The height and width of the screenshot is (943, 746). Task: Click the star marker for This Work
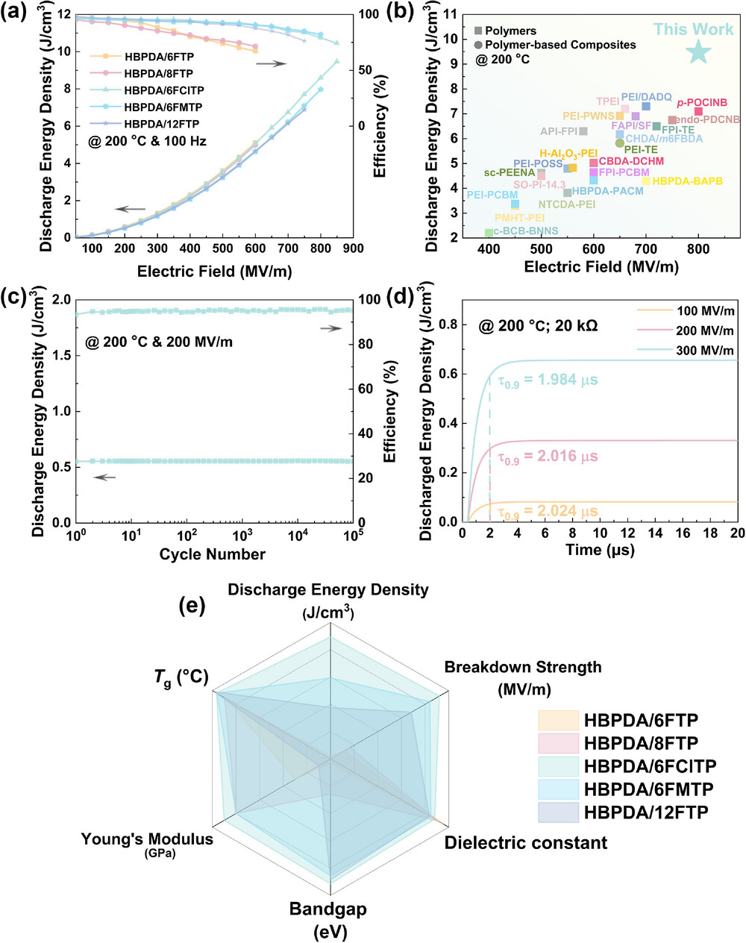[x=698, y=51]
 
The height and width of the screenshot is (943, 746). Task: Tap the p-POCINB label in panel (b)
[x=702, y=102]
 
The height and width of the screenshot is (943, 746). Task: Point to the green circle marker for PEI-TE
[x=620, y=143]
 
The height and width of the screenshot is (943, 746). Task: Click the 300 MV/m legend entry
[x=705, y=351]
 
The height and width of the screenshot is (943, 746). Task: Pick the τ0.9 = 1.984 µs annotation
[x=548, y=380]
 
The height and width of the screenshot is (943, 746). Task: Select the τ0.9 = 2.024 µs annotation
[x=548, y=511]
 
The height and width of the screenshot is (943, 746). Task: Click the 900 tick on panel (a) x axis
[x=353, y=248]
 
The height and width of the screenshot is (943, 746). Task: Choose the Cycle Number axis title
[x=212, y=554]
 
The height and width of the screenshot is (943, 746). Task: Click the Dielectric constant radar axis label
[x=526, y=843]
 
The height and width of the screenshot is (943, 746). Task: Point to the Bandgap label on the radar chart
[x=328, y=909]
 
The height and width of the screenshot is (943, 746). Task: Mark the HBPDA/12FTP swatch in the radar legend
[x=558, y=812]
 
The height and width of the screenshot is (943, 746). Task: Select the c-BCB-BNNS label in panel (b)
[x=525, y=232]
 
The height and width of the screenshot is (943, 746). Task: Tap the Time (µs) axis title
[x=599, y=550]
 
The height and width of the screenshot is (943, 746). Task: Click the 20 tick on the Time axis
[x=737, y=533]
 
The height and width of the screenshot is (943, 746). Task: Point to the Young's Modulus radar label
[x=147, y=839]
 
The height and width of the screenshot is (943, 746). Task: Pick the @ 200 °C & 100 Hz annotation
[x=147, y=141]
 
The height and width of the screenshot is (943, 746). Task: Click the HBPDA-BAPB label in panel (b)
[x=687, y=181]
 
